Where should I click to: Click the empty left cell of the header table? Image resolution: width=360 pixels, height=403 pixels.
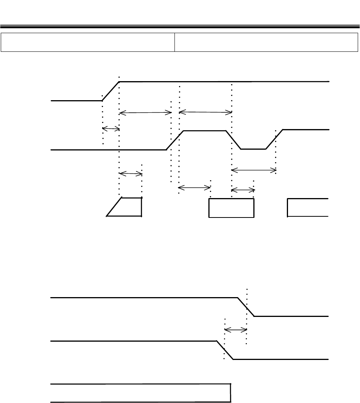88,42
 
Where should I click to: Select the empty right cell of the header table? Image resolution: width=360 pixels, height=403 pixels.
266,42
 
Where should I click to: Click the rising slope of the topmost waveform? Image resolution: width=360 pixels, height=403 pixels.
110,91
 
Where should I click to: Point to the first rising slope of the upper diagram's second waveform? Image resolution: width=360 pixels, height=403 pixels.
175,140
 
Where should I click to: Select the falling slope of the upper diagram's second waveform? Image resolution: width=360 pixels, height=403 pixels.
234,140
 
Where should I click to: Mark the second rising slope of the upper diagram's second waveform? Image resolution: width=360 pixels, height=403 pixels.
274,139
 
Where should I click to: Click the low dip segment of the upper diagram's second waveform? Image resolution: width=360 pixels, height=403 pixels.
253,149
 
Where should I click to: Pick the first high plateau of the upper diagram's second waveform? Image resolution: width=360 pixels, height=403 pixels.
205,131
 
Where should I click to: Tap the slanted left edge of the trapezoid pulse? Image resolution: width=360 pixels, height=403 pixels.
114,207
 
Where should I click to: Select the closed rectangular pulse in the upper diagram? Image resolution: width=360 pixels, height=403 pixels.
231,208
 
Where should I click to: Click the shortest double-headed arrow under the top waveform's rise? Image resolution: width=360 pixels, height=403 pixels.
111,129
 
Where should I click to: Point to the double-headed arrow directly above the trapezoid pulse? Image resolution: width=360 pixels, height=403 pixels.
131,174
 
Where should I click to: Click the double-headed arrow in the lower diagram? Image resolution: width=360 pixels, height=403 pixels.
236,329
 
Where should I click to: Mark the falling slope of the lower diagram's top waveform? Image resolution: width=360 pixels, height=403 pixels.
246,307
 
